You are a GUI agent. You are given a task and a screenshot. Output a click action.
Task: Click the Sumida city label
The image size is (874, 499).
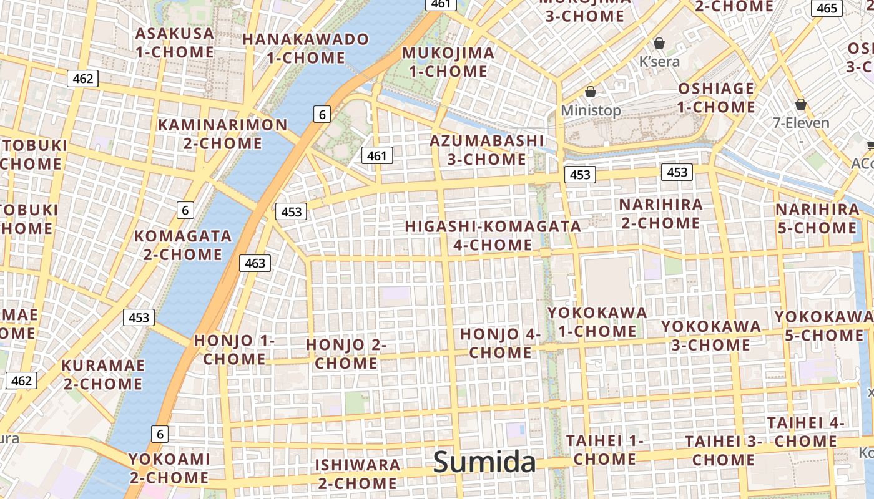click(x=484, y=462)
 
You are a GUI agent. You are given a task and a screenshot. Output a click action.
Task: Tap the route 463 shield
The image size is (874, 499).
click(x=255, y=263)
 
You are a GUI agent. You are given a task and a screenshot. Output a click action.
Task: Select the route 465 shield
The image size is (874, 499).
click(x=827, y=8)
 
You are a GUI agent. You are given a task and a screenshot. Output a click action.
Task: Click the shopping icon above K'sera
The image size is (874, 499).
click(x=659, y=43)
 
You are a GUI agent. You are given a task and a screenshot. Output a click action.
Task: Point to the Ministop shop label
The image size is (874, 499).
click(x=591, y=110)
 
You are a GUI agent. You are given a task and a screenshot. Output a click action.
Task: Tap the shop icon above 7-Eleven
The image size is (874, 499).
click(x=800, y=104)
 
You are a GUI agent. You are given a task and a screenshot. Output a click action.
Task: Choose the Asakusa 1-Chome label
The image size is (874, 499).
click(x=175, y=42)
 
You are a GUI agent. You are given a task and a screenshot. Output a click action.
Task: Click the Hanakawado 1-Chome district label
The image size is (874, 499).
click(x=306, y=49)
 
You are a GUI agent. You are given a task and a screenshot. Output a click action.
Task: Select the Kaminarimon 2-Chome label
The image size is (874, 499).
click(x=223, y=134)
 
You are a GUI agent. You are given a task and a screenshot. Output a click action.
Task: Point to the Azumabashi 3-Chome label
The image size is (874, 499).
click(x=487, y=150)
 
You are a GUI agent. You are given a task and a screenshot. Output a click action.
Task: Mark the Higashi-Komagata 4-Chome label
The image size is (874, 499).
click(x=493, y=235)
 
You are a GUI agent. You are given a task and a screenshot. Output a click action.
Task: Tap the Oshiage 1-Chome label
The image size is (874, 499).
click(x=716, y=98)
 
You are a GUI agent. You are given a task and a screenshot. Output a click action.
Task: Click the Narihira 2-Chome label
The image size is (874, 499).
click(x=660, y=213)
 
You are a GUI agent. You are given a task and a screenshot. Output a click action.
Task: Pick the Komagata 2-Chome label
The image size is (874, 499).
click(x=183, y=245)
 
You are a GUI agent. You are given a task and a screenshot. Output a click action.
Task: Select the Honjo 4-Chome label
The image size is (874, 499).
click(x=500, y=343)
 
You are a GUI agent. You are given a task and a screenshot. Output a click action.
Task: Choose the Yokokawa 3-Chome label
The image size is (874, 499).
click(x=711, y=336)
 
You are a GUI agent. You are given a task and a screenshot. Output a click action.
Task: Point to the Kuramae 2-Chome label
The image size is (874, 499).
click(x=103, y=374)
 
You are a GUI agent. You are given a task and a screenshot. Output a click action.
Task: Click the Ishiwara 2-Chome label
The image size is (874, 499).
click(x=357, y=474)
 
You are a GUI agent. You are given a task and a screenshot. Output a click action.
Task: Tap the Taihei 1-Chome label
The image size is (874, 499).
click(x=604, y=450)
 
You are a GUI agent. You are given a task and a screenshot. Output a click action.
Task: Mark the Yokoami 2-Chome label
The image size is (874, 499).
click(x=169, y=468)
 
